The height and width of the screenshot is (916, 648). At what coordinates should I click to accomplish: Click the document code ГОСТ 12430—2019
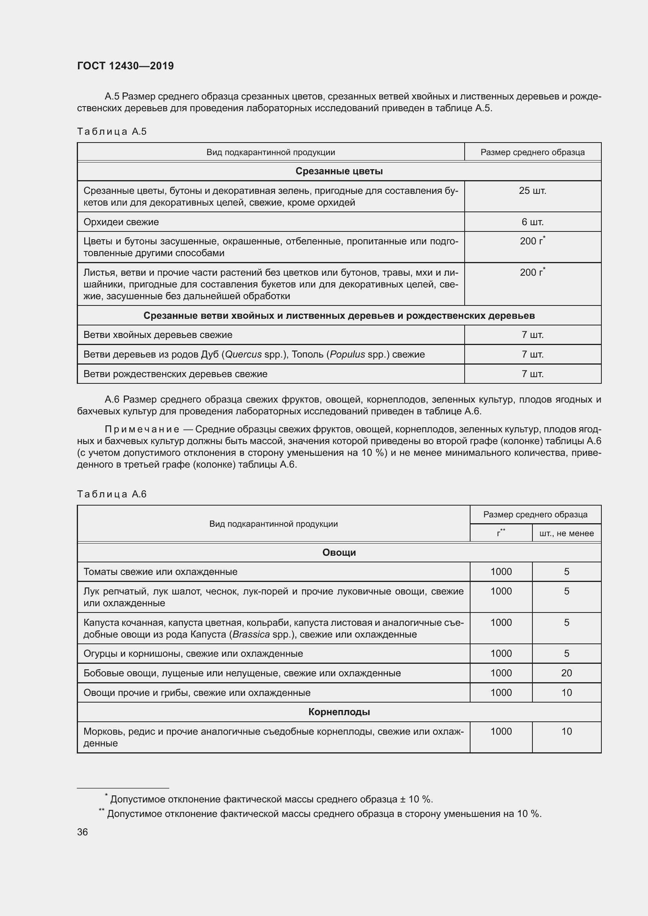tap(125, 66)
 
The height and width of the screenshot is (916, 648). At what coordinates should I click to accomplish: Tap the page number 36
tap(82, 832)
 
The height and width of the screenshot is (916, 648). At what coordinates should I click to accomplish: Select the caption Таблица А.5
tap(112, 132)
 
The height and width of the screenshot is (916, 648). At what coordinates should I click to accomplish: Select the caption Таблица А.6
tap(112, 494)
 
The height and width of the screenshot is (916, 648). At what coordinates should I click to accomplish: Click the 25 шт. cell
tap(532, 191)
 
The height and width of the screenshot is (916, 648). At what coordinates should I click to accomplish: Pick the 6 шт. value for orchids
tap(532, 222)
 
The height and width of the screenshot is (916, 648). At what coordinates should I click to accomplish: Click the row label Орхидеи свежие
tap(121, 222)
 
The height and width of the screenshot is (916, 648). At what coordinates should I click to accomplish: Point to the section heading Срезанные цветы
tap(339, 171)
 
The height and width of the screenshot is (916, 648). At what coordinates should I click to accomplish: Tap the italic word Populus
tap(347, 354)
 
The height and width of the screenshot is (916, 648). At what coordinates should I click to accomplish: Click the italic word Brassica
tap(251, 634)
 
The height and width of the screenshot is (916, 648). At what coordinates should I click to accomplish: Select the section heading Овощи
tap(339, 553)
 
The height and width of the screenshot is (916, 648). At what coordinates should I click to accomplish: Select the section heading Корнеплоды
tap(339, 712)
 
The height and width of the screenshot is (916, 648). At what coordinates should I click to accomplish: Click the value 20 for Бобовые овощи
tap(566, 673)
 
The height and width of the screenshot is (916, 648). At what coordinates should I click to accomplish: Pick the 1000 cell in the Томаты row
tap(501, 572)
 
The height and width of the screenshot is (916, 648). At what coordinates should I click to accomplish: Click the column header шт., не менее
tap(566, 533)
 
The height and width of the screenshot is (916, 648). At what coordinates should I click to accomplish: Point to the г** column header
tap(501, 533)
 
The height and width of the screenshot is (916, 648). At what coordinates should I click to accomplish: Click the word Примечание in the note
tap(142, 429)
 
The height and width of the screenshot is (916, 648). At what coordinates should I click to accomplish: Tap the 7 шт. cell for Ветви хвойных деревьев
tap(532, 335)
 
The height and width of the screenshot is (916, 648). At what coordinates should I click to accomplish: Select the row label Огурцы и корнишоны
tap(193, 654)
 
